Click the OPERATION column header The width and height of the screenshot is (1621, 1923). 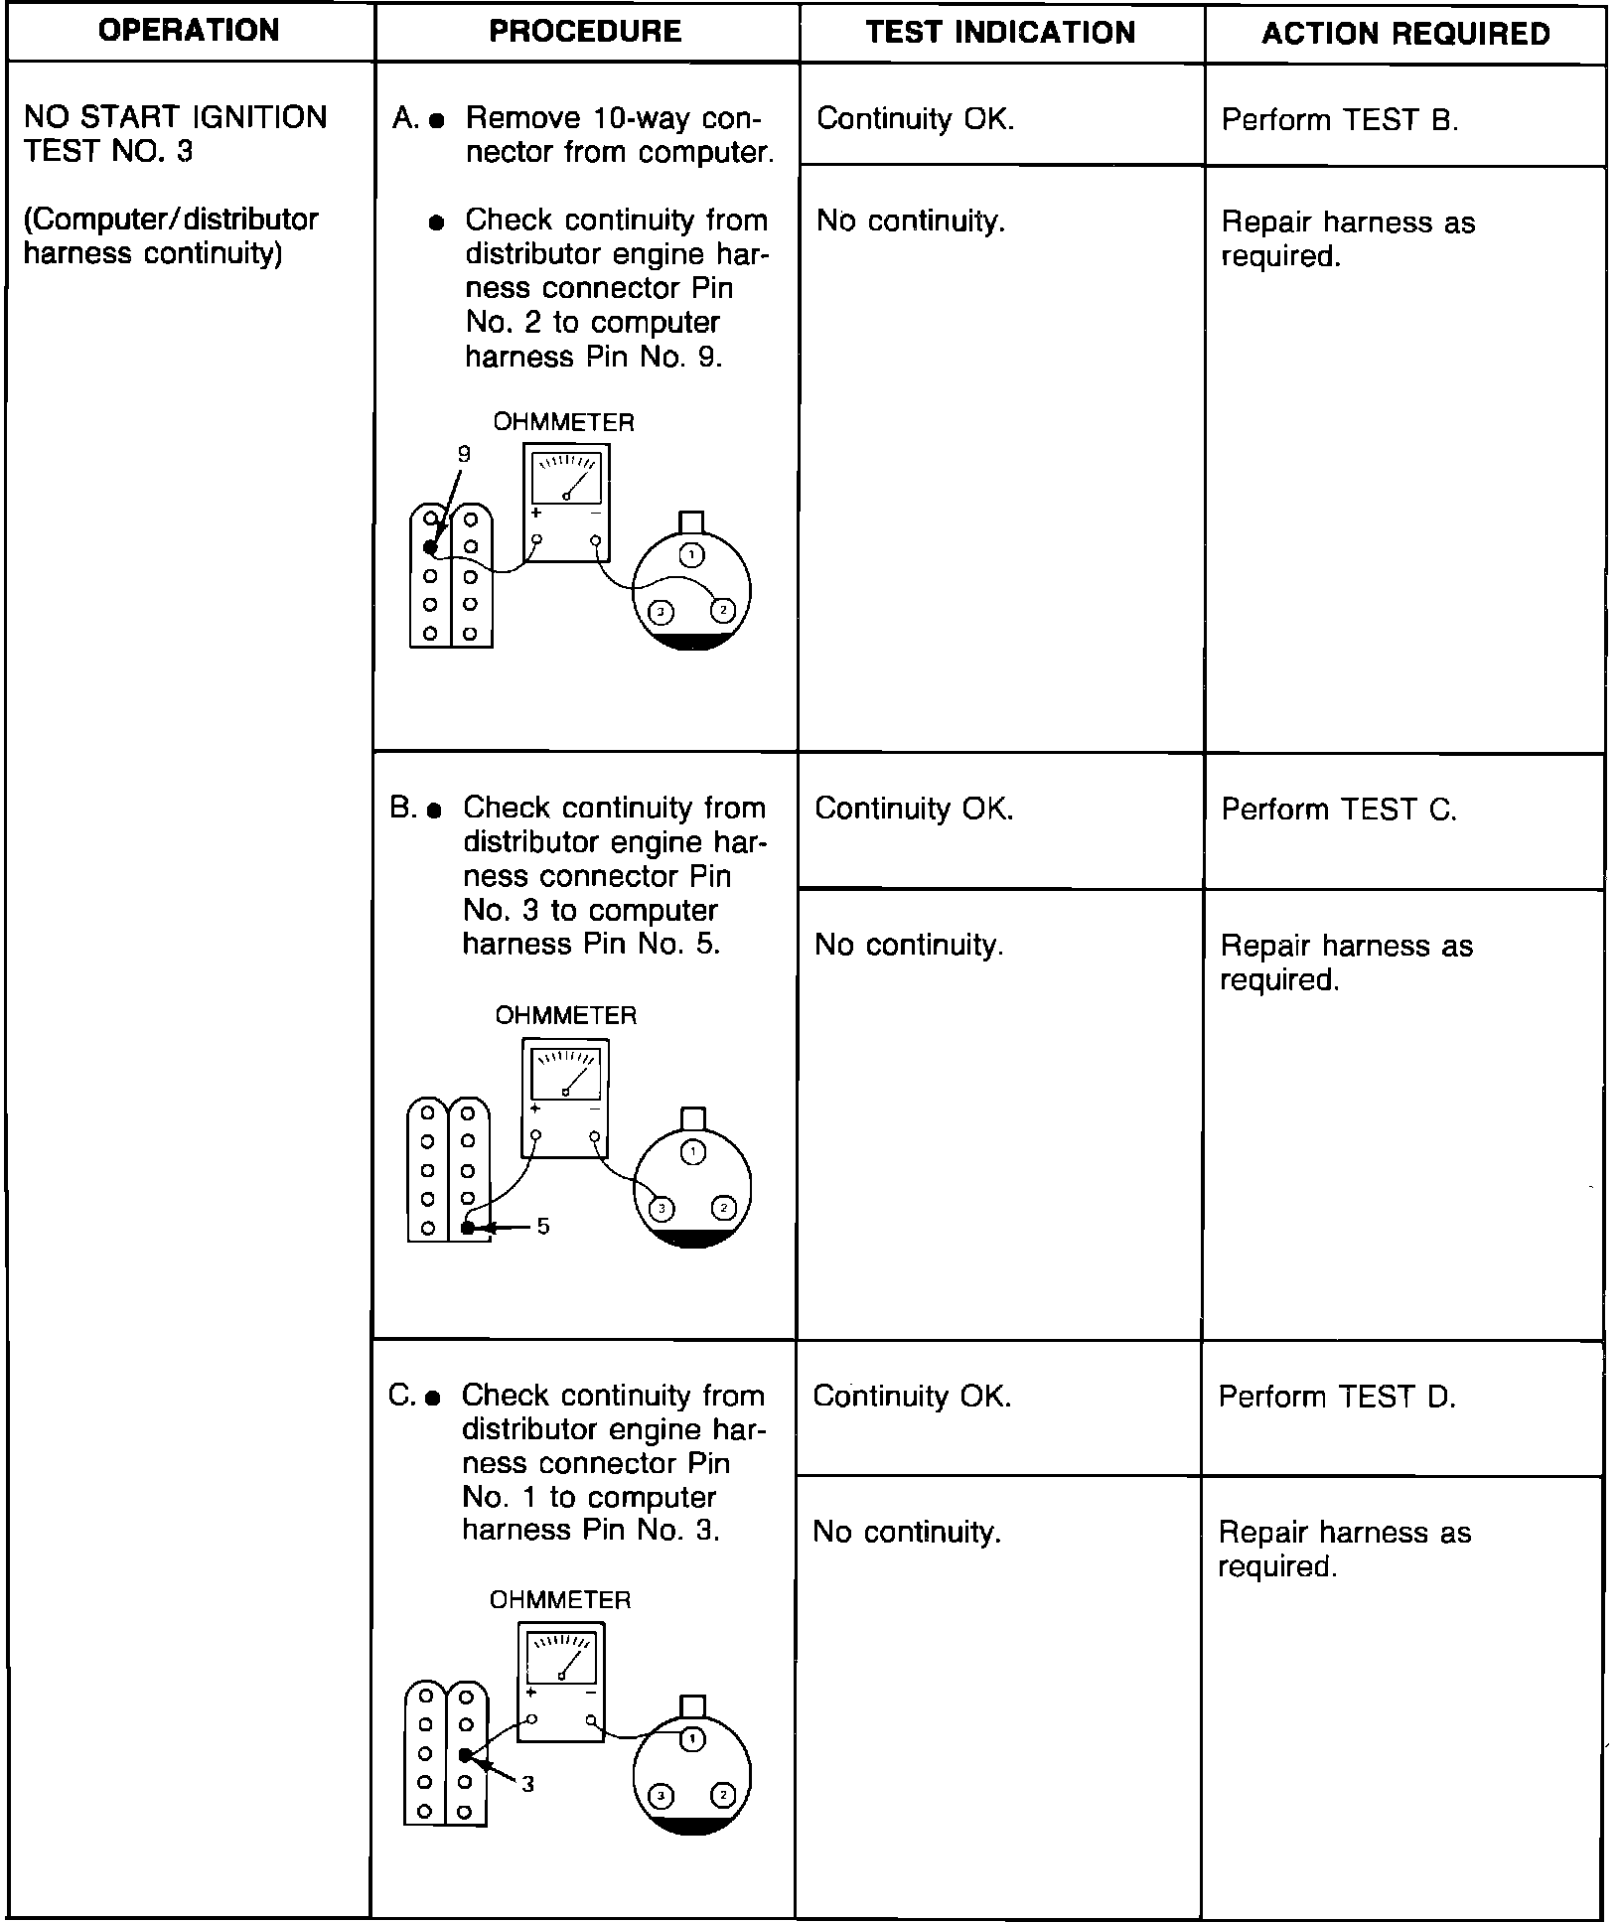pos(189,31)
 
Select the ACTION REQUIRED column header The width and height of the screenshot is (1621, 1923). pos(1405,34)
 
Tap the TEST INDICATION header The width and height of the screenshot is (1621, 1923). pos(1000,33)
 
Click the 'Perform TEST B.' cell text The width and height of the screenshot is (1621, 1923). pos(1340,120)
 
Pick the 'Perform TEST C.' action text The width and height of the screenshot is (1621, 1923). pos(1339,810)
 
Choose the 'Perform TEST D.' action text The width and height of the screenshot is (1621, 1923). pos(1337,1397)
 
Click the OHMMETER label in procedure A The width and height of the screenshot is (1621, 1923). pos(563,422)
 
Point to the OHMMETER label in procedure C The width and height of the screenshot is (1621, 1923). pos(560,1599)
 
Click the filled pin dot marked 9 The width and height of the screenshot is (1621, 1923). pos(430,547)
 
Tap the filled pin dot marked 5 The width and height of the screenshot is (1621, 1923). pos(468,1228)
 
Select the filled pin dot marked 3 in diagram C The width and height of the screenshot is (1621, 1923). pos(465,1755)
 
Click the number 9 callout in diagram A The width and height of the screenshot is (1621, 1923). pos(464,455)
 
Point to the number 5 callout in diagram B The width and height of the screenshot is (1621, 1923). pos(543,1227)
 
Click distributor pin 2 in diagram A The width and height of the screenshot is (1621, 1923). pos(723,609)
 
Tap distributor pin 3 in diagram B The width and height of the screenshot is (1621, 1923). pos(661,1208)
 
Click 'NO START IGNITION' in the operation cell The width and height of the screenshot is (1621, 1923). pos(175,117)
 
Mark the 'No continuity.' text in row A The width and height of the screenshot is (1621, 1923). pos(911,221)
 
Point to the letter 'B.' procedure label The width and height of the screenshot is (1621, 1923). pos(402,809)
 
